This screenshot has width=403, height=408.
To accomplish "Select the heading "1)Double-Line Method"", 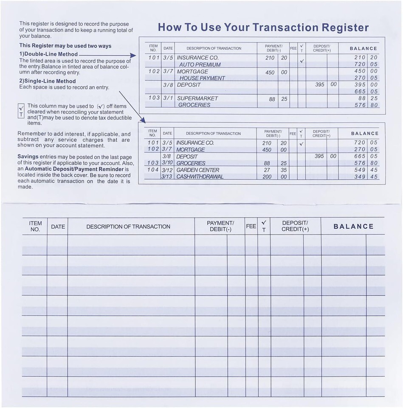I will click(48, 54).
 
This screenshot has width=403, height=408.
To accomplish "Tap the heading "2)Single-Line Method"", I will click(48, 81).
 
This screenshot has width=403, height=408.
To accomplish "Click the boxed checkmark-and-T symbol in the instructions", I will click(21, 111).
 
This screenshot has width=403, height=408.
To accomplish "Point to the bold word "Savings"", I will click(28, 157).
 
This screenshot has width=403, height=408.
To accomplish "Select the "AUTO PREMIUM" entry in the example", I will click(200, 65).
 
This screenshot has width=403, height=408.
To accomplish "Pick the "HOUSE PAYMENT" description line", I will click(202, 78).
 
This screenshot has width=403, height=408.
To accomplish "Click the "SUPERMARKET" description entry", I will click(197, 98).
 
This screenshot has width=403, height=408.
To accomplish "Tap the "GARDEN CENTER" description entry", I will click(198, 170).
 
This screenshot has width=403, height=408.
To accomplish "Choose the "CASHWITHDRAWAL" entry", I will click(200, 177).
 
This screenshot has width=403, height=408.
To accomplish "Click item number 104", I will click(152, 170).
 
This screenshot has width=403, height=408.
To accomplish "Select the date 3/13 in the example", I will click(167, 177).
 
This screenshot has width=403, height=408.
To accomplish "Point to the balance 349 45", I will click(366, 177).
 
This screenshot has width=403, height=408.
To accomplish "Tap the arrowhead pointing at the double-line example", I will click(133, 56).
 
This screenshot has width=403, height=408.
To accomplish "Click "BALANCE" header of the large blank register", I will click(353, 227).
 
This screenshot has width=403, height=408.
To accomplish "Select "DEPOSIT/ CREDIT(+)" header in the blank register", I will click(295, 226).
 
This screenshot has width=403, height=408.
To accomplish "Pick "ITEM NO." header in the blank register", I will click(35, 226).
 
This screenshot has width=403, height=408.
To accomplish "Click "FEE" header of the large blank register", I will click(251, 227).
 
